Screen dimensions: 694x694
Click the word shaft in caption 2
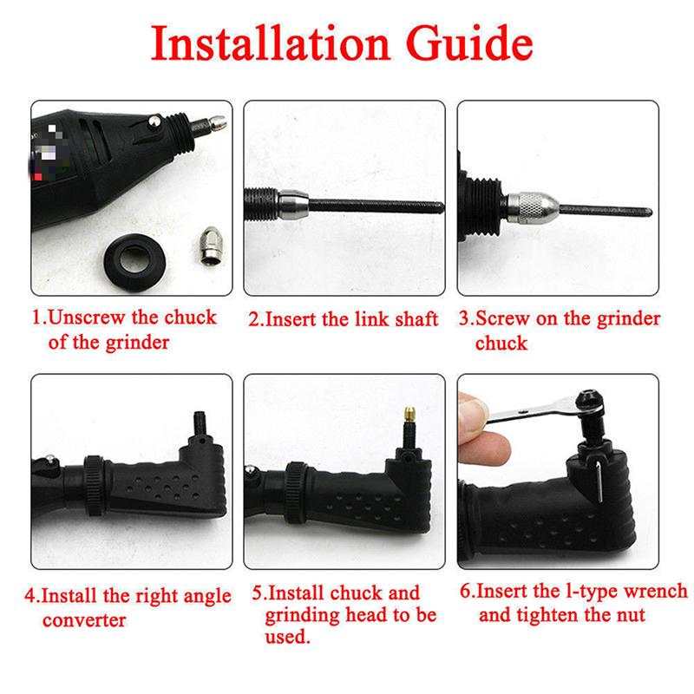414,318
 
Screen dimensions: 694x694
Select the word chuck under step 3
501,343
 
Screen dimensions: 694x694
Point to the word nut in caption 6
630,615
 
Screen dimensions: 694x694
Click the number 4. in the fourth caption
32,597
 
